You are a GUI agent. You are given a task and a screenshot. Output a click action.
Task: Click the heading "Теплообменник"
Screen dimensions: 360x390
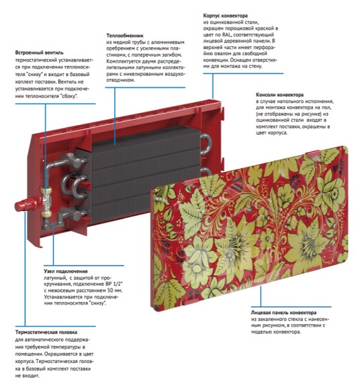[125, 36]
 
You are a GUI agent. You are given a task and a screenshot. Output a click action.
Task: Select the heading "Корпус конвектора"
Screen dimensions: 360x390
[226, 15]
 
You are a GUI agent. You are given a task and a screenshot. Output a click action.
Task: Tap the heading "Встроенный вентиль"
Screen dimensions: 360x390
[39, 52]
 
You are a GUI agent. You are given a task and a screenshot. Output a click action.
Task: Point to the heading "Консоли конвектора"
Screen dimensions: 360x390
[279, 95]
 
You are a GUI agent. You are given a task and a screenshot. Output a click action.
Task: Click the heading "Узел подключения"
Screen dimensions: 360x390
[66, 271]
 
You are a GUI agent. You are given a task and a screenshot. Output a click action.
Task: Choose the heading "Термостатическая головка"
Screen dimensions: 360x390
[46, 332]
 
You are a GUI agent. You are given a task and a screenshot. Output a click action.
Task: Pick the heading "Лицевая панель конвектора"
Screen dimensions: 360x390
[283, 313]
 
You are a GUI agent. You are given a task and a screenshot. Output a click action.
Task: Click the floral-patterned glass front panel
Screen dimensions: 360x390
[249, 227]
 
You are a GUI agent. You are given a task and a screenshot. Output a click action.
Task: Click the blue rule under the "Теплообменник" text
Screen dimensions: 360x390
[145, 87]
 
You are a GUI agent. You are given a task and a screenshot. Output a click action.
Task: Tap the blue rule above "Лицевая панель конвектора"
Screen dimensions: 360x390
[291, 307]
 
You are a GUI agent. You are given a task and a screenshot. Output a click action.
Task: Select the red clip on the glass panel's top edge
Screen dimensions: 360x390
[313, 153]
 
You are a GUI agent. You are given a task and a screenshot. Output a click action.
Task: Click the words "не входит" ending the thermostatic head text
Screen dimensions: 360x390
[28, 376]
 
